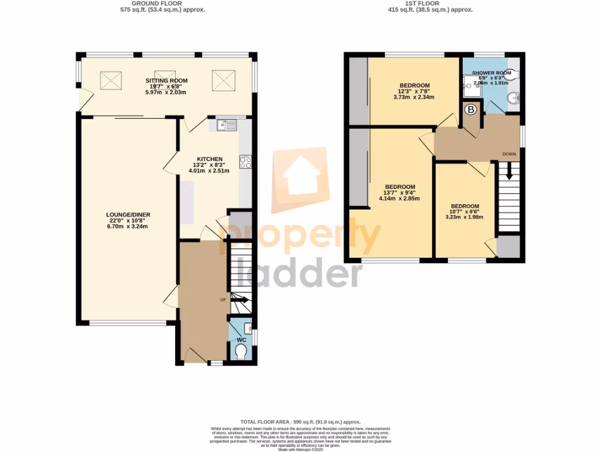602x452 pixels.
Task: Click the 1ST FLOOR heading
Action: click(430, 3)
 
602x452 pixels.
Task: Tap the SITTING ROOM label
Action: click(166, 80)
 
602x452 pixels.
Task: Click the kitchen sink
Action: click(226, 125)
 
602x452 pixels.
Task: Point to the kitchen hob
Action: click(245, 162)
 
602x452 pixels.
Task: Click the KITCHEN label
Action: click(209, 159)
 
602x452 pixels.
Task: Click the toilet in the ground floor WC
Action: click(240, 352)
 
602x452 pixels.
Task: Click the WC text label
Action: click(241, 340)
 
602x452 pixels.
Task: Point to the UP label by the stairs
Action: click(223, 300)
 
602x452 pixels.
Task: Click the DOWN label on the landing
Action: click(509, 154)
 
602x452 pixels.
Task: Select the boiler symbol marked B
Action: click(470, 110)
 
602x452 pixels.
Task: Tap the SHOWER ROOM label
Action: click(491, 72)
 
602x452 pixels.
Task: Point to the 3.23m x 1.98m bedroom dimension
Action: click(464, 217)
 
